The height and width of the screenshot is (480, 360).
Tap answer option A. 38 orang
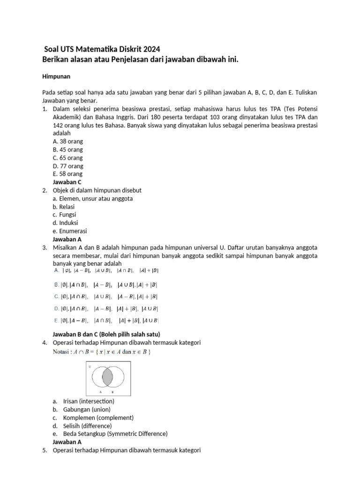coord(67,142)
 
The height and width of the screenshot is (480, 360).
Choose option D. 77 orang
coord(68,166)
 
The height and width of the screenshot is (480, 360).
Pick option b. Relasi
coord(64,207)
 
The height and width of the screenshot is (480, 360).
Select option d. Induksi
coord(65,223)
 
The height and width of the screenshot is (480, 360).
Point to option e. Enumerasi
coord(70,231)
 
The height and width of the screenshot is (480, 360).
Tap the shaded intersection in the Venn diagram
coord(107,376)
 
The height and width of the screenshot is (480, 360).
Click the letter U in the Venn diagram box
coord(89,367)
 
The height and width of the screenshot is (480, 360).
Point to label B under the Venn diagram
coord(112,391)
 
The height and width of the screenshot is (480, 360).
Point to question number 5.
coord(45,450)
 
